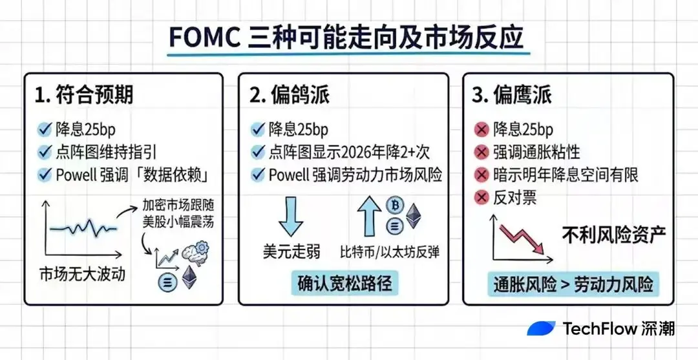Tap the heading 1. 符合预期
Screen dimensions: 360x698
coord(83,95)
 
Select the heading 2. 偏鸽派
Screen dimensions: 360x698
coord(290,95)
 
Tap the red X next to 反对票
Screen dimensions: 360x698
coord(481,198)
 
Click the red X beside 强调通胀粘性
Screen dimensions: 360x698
coord(481,153)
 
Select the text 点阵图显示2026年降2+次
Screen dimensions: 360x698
coord(349,152)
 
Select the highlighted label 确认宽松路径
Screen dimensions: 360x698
coord(344,283)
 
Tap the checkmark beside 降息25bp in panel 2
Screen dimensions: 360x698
coord(259,129)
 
